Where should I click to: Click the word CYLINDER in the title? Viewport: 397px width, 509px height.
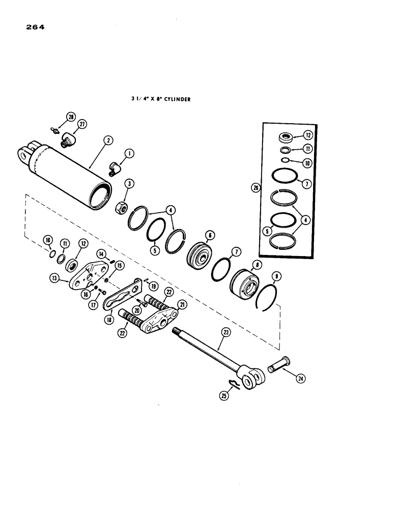176,100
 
